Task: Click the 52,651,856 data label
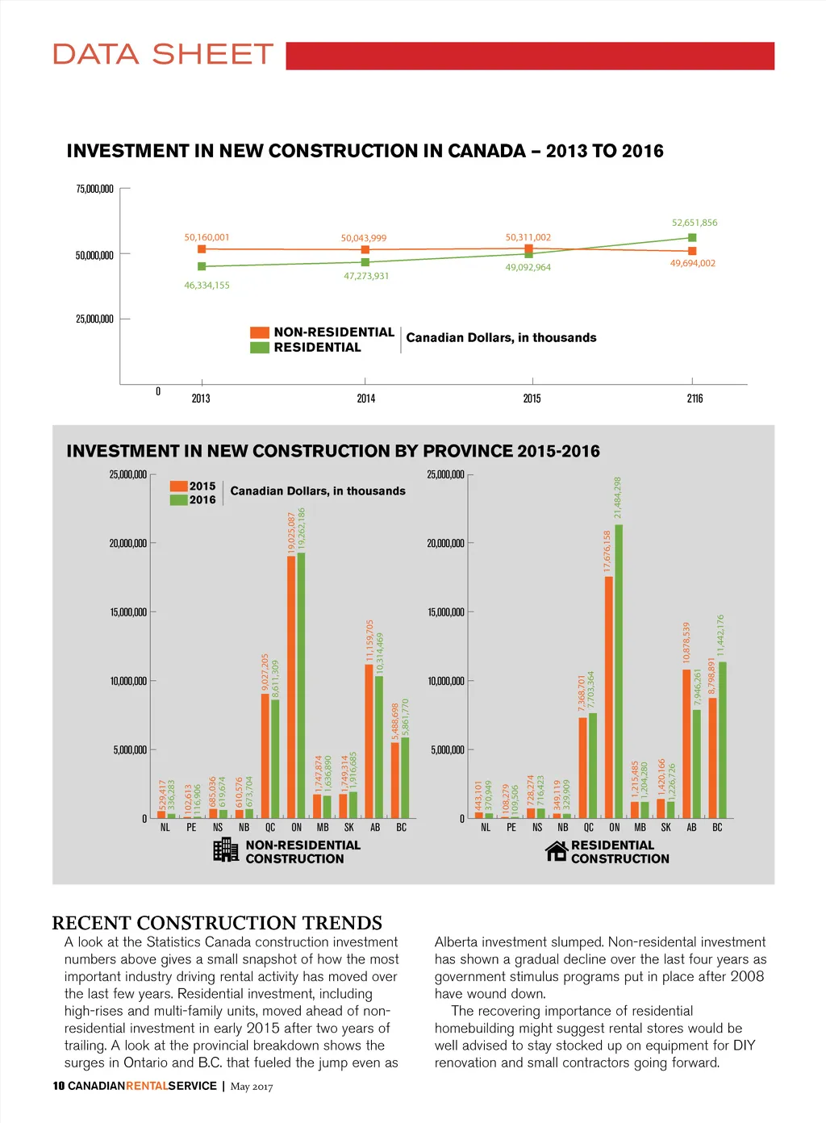point(694,223)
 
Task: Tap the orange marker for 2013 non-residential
point(202,249)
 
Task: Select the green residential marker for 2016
point(692,237)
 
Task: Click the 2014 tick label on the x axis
point(366,399)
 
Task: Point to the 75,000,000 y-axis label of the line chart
point(94,190)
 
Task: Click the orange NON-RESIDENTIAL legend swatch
point(259,332)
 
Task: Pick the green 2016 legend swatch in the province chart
point(178,500)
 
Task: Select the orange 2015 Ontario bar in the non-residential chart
point(291,686)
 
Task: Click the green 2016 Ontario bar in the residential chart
point(619,671)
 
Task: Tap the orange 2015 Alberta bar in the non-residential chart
point(369,741)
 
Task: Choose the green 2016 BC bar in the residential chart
point(723,740)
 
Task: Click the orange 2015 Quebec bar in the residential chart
point(583,767)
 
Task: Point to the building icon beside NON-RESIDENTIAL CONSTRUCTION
point(226,850)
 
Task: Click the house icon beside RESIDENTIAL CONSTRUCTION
point(557,850)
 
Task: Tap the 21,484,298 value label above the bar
point(618,498)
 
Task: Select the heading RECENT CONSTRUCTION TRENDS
point(217,923)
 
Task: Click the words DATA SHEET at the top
point(163,55)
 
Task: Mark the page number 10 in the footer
point(58,1086)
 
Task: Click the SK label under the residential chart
point(665,828)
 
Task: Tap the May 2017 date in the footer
point(252,1087)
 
